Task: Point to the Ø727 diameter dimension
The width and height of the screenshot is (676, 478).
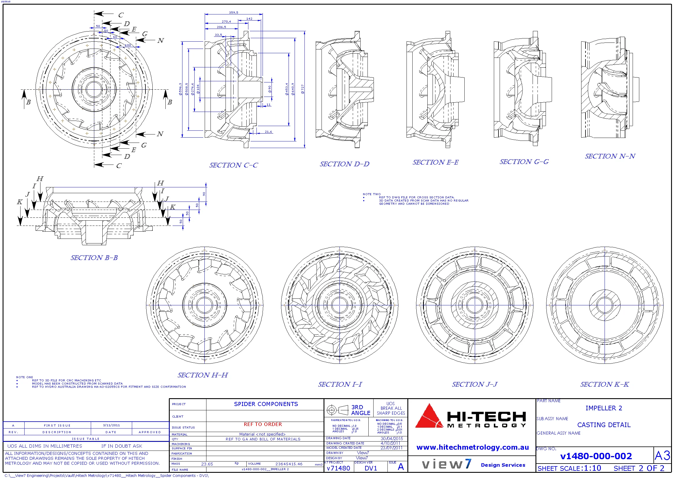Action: pos(302,89)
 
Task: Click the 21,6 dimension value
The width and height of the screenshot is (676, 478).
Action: pos(268,132)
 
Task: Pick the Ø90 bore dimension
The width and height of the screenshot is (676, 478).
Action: pos(269,89)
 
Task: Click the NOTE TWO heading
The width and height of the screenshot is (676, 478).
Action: pos(372,194)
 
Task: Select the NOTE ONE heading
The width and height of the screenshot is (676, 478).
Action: pos(25,377)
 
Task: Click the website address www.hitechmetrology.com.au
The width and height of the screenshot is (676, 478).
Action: pos(472,447)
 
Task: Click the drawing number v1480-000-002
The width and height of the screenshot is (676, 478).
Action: pos(596,456)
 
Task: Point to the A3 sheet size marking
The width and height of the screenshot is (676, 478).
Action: pos(662,456)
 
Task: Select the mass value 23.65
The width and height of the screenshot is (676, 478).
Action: pos(207,464)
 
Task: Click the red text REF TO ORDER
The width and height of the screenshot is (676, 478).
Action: pos(263,424)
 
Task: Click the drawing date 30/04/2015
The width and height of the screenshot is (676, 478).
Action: pos(391,439)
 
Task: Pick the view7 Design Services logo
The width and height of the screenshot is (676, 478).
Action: pos(472,464)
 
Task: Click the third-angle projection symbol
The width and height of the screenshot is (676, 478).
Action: pos(337,410)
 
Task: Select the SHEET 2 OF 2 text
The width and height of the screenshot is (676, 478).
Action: pos(639,468)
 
